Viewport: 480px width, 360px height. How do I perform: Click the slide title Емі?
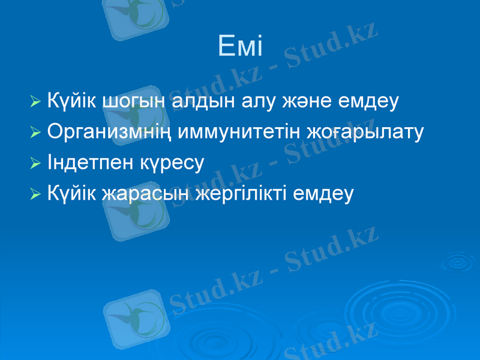click(240, 46)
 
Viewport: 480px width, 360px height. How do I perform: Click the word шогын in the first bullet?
click(133, 100)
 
